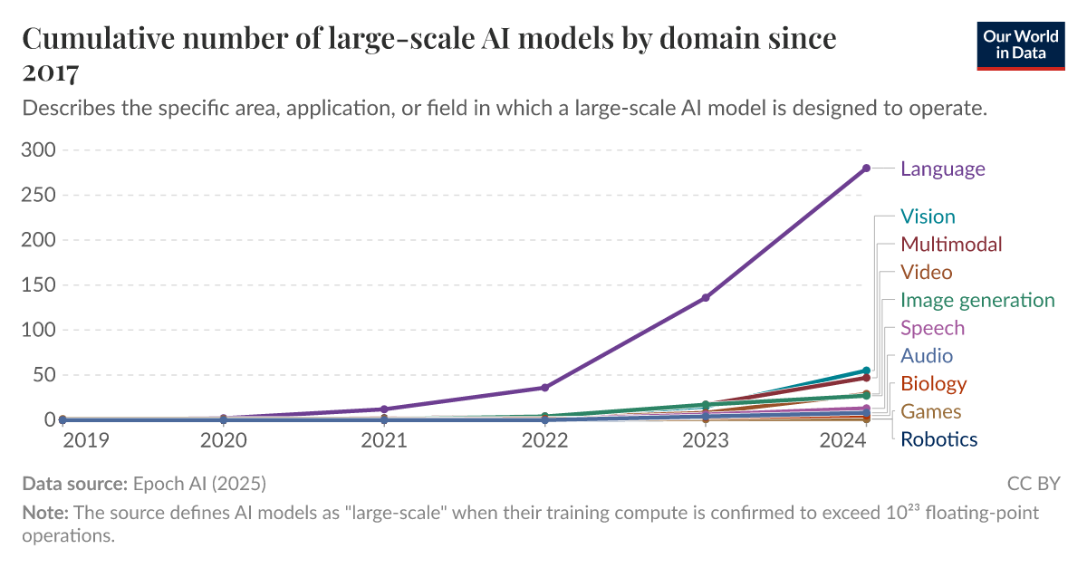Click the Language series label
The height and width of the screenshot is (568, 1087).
(942, 168)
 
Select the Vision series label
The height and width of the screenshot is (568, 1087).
(928, 217)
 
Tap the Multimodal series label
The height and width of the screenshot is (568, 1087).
(951, 245)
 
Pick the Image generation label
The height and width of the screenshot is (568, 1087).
(977, 301)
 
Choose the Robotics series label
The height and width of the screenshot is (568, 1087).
(938, 440)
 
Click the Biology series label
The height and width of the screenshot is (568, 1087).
(933, 384)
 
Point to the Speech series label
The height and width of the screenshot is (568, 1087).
(932, 328)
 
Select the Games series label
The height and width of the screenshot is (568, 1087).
(930, 412)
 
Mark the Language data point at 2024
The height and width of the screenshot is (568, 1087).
(866, 168)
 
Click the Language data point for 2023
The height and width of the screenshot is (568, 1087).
(706, 297)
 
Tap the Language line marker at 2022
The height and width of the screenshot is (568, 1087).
(544, 388)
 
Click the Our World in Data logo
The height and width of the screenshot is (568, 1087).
(1020, 45)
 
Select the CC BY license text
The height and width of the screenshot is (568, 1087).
(1033, 483)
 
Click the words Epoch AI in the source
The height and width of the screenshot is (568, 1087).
(173, 483)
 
